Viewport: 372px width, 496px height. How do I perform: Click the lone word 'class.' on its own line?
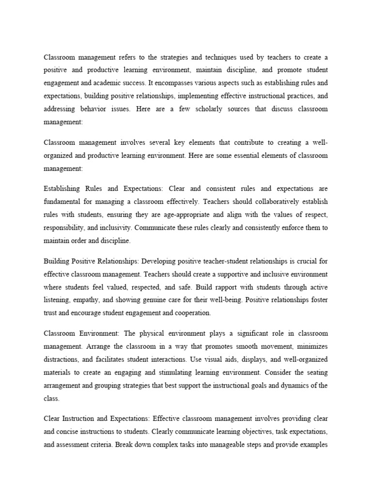click(51, 399)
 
